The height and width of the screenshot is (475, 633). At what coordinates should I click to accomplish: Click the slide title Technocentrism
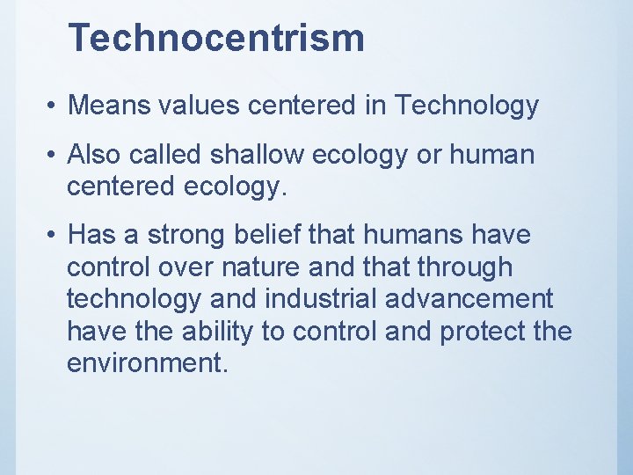(x=215, y=38)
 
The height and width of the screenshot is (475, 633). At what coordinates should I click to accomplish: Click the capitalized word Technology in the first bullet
(x=466, y=106)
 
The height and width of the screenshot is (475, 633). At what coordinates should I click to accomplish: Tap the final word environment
(x=147, y=363)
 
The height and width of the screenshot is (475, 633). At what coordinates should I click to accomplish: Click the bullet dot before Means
(x=53, y=106)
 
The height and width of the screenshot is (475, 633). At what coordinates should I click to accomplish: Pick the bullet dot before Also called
(x=53, y=156)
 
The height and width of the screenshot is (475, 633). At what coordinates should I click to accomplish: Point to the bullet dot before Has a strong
(x=53, y=237)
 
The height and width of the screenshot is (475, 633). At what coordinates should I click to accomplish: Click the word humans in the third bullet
(x=431, y=236)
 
